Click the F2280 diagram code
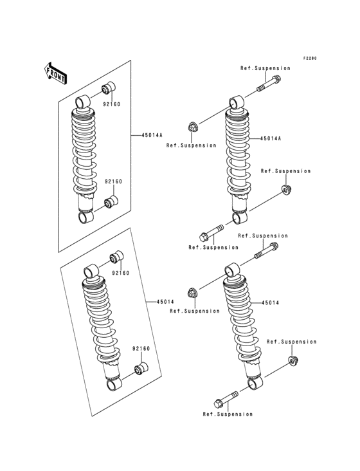pos(310,58)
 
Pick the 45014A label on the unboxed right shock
pos(271,138)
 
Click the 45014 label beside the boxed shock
pos(165,300)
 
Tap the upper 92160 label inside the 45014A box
pos(113,104)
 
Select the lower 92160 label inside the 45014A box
pos(113,181)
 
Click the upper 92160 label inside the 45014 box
pos(120,273)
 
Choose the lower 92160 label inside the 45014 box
pos(141,348)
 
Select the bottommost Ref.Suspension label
pos(227,414)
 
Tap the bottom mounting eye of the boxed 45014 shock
pos(114,384)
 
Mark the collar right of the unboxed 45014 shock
pos(292,360)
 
